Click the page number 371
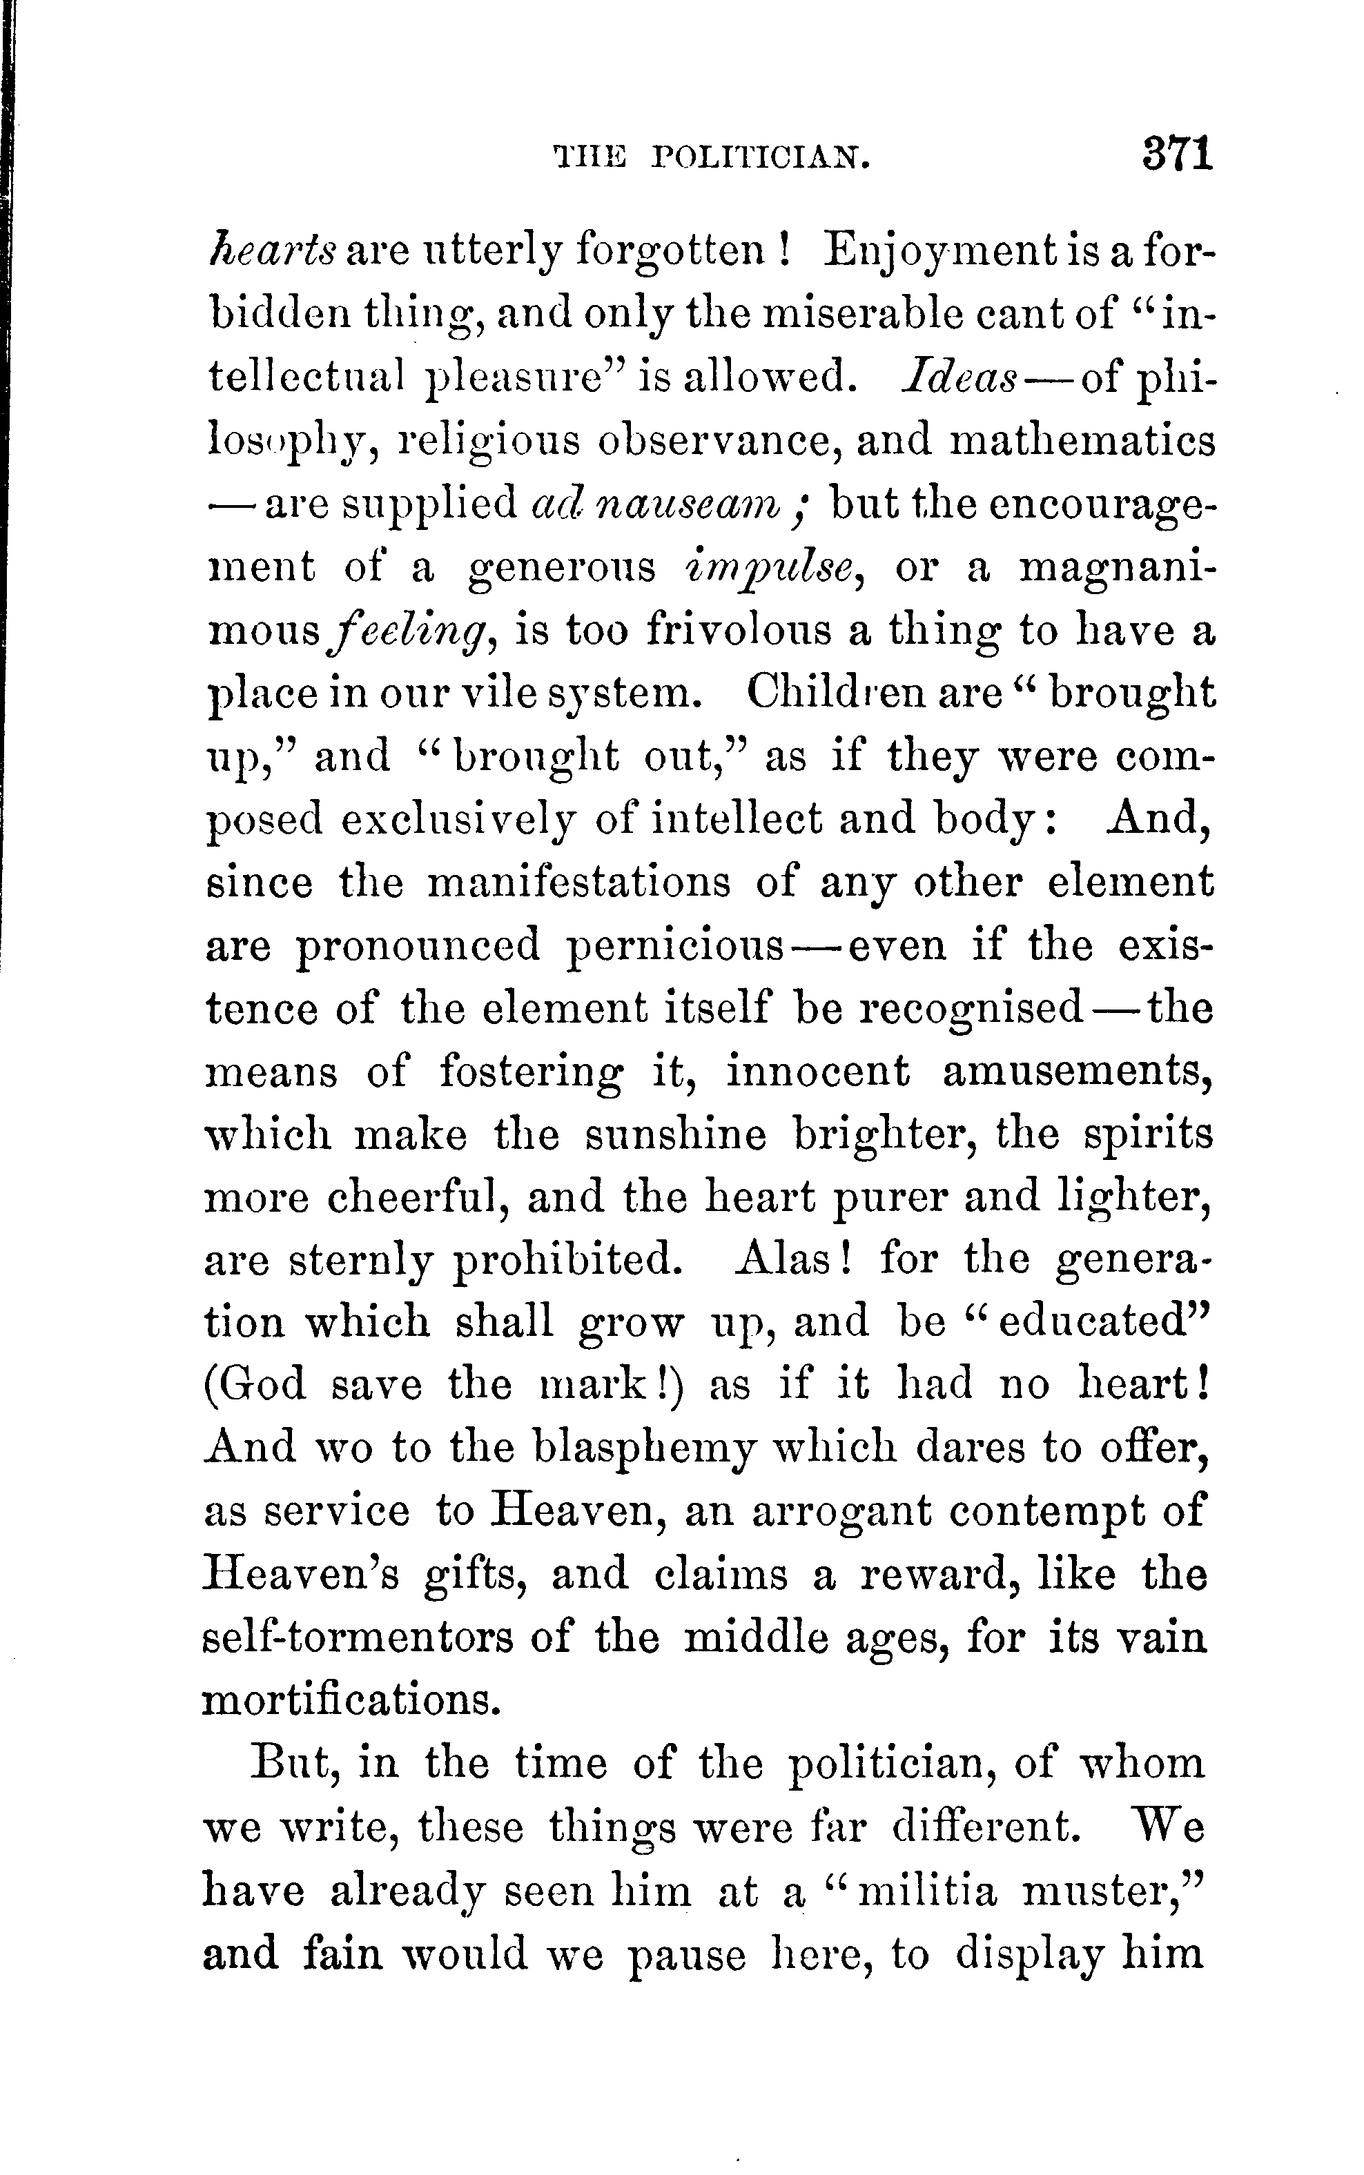tap(1176, 155)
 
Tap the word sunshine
tap(676, 1135)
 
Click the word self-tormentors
tap(359, 1637)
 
